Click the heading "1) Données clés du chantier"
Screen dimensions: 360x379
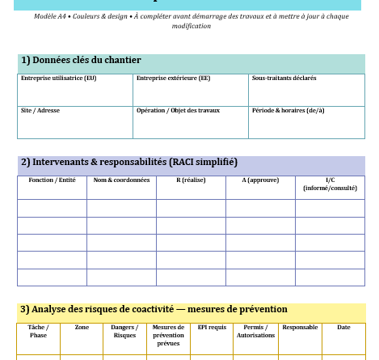(x=81, y=61)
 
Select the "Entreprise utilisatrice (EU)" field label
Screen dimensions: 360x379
(x=58, y=78)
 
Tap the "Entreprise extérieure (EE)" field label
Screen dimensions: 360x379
(x=173, y=78)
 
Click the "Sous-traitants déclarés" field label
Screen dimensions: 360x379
(x=284, y=78)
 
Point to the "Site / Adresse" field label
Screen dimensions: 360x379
(x=40, y=110)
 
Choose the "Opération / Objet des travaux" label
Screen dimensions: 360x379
(x=178, y=110)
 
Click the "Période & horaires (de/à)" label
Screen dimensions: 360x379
(x=288, y=110)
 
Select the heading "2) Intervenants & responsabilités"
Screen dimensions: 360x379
(x=129, y=163)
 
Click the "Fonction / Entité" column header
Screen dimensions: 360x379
(x=52, y=180)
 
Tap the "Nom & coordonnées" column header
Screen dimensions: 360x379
(x=121, y=180)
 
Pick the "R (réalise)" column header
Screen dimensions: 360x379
(x=191, y=180)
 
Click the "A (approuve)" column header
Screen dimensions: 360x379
(x=260, y=180)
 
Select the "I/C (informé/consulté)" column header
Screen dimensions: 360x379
(x=330, y=184)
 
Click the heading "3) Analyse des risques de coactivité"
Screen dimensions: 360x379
(x=154, y=310)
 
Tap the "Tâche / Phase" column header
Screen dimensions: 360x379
(x=38, y=331)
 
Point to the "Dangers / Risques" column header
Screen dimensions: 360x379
(x=124, y=331)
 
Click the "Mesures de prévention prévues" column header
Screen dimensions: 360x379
(x=168, y=335)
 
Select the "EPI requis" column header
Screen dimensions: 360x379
(x=212, y=327)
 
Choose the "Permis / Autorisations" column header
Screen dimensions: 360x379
(x=255, y=331)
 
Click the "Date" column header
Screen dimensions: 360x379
(x=343, y=327)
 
